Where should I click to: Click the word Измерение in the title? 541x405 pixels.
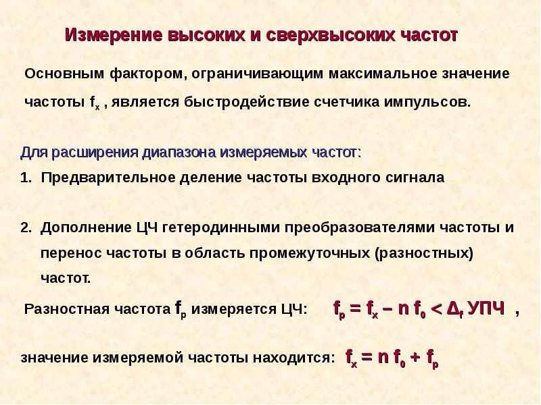(x=114, y=35)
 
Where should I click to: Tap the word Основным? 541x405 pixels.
(x=64, y=74)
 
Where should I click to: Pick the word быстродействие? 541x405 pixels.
(x=246, y=103)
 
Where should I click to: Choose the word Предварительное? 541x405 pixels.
(x=108, y=178)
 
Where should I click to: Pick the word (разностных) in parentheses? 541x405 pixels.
(x=424, y=254)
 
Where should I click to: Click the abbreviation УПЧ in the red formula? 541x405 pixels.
(x=486, y=308)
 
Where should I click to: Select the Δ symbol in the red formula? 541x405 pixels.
(x=452, y=308)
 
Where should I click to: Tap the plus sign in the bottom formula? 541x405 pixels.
(x=416, y=357)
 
